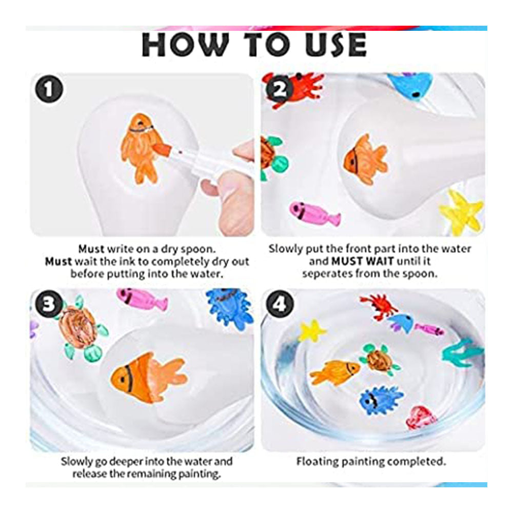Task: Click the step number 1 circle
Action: coord(49,89)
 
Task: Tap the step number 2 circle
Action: coord(280,89)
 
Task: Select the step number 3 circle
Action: coord(49,304)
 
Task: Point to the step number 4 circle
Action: coord(280,304)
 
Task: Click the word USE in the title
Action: coord(336,45)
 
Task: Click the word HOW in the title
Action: coord(185,45)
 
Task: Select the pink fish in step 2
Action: coord(314,213)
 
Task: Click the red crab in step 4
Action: coord(379,306)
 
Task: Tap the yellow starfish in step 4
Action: coord(312,330)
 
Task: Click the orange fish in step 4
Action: coord(335,371)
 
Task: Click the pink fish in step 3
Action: coord(142,299)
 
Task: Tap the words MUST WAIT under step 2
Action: coord(362,262)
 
